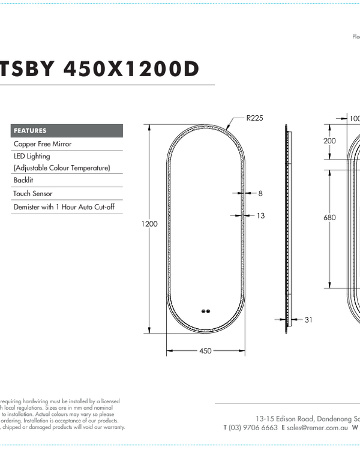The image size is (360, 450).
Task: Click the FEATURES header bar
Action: coord(67,131)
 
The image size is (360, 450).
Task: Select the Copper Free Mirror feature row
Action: coord(43,144)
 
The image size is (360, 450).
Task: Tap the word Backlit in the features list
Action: coord(23,180)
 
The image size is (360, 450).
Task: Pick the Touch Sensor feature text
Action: coord(33,194)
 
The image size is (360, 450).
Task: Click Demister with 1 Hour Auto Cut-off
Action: coord(64,207)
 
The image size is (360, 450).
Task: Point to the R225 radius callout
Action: coord(254,118)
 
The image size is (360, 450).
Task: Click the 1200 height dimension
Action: coord(149,224)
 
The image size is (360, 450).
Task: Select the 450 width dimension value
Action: coord(205,351)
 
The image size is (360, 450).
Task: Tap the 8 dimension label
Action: coord(260,194)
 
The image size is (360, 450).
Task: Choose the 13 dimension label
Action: coord(260,215)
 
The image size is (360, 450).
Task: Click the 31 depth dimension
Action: coord(308,320)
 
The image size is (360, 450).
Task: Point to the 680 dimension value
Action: coord(329,218)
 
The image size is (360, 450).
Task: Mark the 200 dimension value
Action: coord(329,141)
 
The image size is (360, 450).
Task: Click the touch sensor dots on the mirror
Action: coord(206,311)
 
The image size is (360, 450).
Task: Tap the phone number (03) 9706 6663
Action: coord(253,428)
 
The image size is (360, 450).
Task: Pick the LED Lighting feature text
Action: coord(32,156)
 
